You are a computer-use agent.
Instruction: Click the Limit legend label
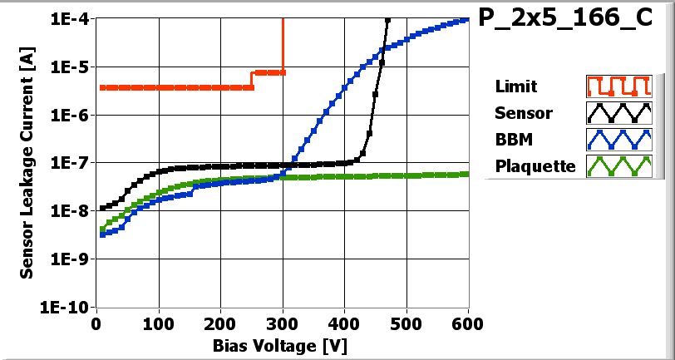click(x=515, y=86)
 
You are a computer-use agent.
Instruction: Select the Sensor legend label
click(x=523, y=112)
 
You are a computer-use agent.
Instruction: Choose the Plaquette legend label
click(x=535, y=165)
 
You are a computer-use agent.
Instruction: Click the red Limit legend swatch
click(x=617, y=86)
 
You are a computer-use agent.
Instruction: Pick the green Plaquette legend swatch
click(x=617, y=165)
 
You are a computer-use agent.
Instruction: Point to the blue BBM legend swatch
click(x=617, y=139)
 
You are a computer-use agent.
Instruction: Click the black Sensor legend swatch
click(x=617, y=112)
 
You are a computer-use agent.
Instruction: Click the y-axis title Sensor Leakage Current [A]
click(x=27, y=162)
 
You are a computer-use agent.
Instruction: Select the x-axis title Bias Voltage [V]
click(x=279, y=344)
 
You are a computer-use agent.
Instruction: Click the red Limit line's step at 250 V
click(x=252, y=80)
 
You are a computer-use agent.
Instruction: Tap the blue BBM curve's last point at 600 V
click(x=468, y=19)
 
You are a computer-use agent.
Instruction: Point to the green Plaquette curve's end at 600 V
click(x=468, y=173)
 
